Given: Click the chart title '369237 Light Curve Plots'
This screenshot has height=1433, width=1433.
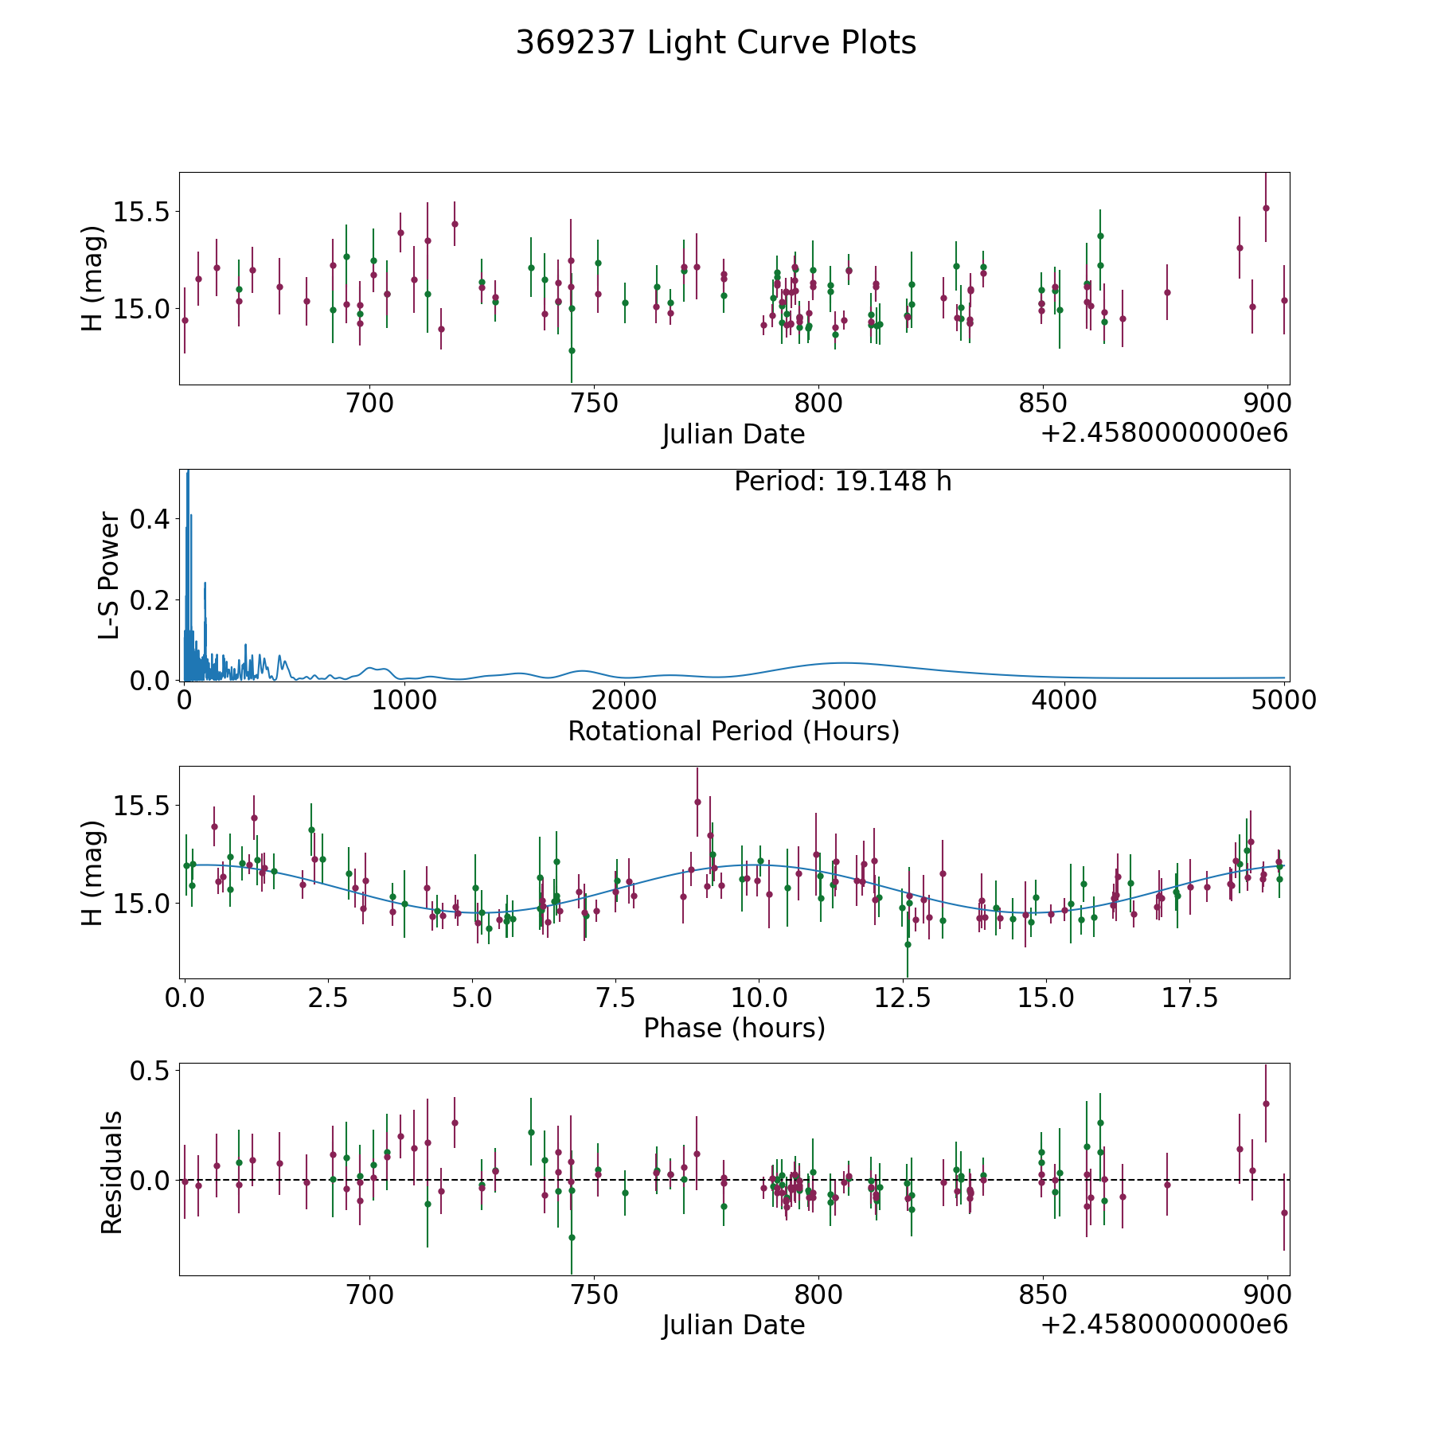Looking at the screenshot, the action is click(716, 43).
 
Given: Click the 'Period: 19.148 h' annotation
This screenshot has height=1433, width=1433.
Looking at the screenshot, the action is click(843, 482).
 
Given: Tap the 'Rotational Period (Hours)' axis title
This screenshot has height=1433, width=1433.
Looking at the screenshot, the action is click(734, 731).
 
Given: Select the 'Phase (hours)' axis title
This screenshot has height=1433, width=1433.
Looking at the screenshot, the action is click(734, 1028).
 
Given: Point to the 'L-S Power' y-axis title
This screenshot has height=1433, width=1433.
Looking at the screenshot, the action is click(110, 576).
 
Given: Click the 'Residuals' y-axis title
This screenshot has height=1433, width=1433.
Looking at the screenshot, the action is click(111, 1173).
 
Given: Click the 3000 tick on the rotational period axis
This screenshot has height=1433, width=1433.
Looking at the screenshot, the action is click(844, 700).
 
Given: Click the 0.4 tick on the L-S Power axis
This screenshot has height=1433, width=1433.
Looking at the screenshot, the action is click(150, 519).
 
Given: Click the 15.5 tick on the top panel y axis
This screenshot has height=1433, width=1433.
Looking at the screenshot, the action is click(141, 213).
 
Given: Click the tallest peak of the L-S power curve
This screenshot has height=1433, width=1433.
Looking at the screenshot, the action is click(188, 471).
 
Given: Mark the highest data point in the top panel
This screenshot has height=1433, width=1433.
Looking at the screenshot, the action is click(1266, 208).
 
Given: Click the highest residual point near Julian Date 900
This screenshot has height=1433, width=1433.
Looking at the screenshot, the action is click(1266, 1103).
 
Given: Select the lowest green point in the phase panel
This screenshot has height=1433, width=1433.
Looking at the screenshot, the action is click(907, 944).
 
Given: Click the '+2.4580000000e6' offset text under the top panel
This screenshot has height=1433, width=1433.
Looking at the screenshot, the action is click(1165, 433).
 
